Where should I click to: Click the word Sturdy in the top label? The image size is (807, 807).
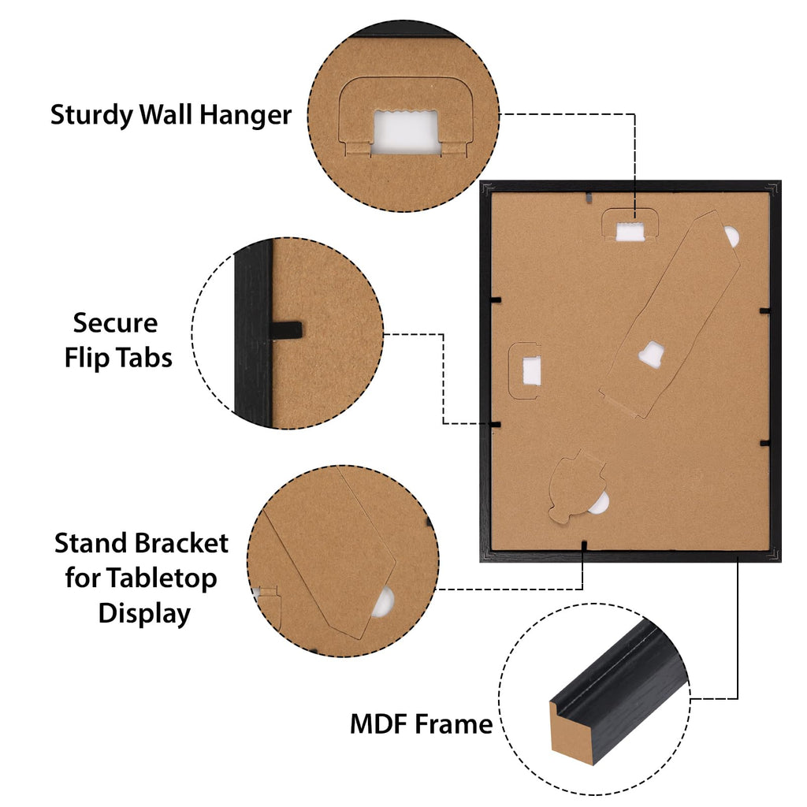pos(92,115)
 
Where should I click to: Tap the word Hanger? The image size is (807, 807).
pos(246,115)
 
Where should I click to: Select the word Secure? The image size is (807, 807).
pos(115,324)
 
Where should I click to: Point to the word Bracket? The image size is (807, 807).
pos(182,544)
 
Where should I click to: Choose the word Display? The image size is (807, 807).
pos(145,614)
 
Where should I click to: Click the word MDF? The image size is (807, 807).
pos(379,724)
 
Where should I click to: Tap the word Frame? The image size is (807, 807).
pos(454,724)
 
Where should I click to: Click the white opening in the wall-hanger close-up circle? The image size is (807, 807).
pos(406,132)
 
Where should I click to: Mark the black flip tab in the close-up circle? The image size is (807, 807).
pos(284,331)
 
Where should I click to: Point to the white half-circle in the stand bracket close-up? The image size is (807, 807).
pos(384,602)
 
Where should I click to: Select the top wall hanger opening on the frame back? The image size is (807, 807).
pos(630,232)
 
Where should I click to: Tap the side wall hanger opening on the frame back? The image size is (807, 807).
pos(532,371)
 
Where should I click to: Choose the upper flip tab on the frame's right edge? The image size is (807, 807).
pos(764,311)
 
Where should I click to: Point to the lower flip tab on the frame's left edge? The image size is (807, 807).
pos(495,425)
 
